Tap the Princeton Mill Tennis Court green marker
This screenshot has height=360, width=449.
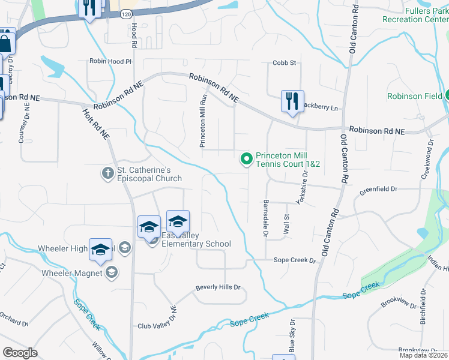(246, 159)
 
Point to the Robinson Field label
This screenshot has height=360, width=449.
(415, 96)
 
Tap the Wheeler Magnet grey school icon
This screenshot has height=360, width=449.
(111, 273)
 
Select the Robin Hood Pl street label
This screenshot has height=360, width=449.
(110, 61)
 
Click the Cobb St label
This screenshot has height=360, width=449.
(285, 62)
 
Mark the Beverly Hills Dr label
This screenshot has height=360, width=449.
(217, 287)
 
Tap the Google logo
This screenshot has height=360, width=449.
(20, 352)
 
